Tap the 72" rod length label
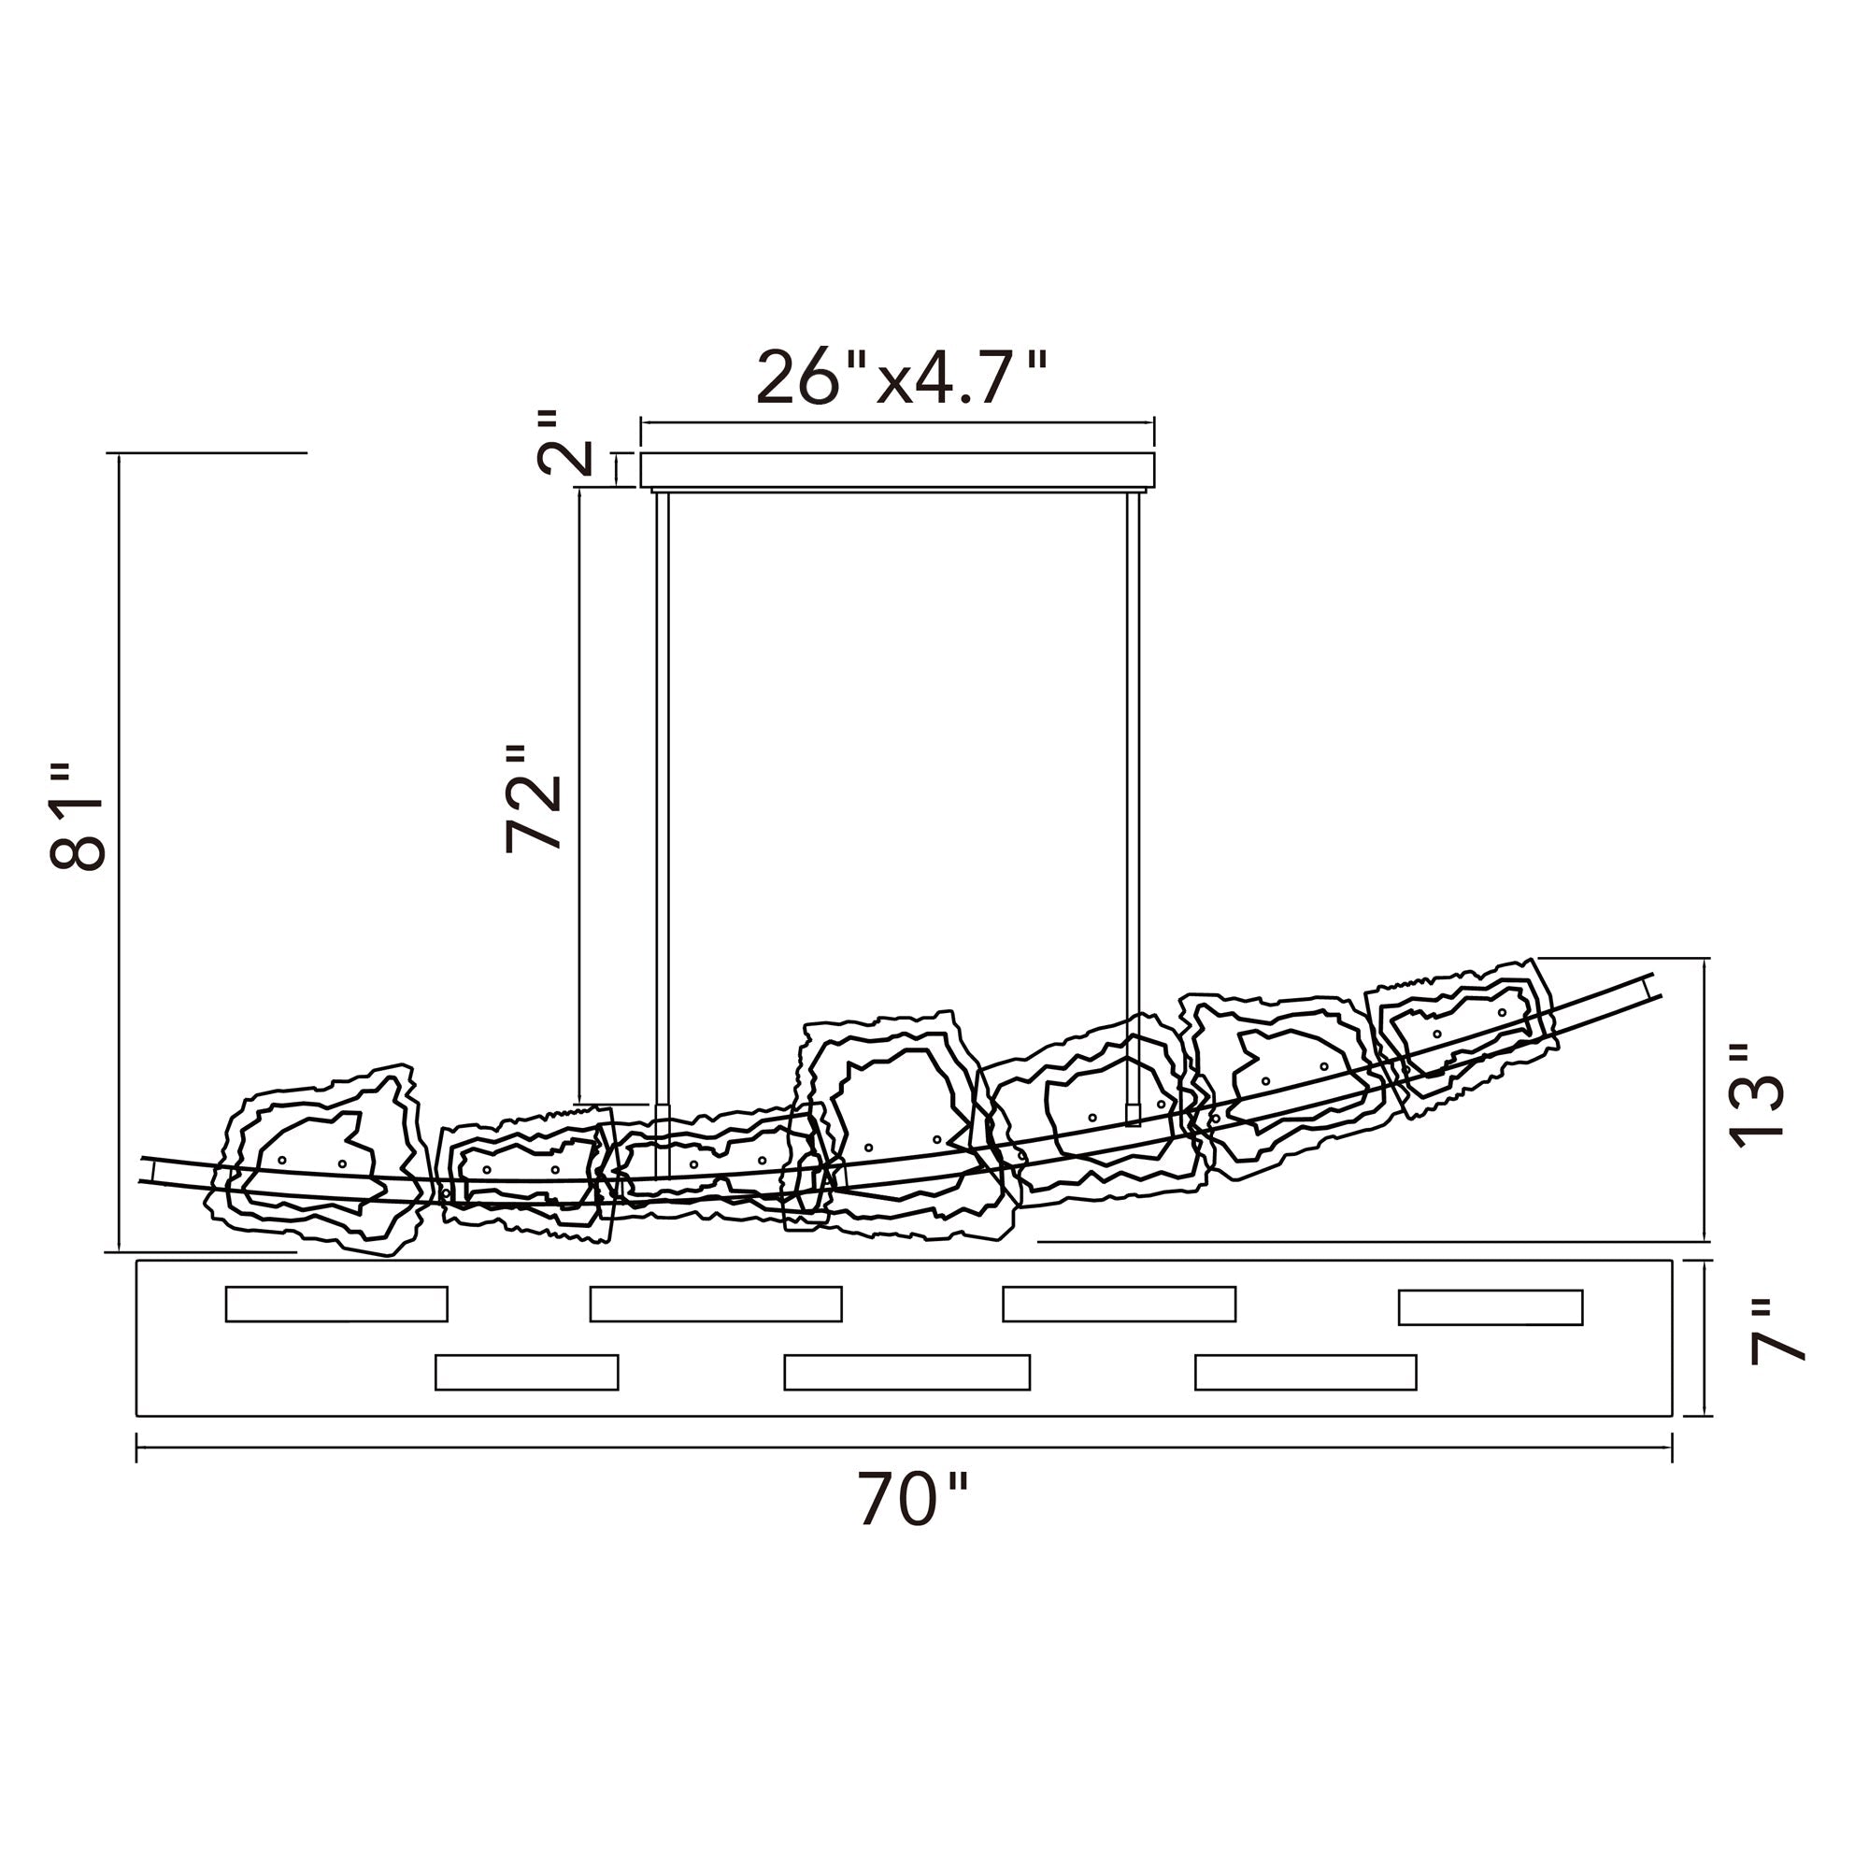pyautogui.click(x=533, y=799)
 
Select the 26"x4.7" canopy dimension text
pyautogui.click(x=902, y=378)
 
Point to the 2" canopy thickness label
pyautogui.click(x=563, y=442)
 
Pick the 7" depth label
pyautogui.click(x=1778, y=1331)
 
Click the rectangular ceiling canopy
pyautogui.click(x=898, y=470)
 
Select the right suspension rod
pyautogui.click(x=1133, y=807)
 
